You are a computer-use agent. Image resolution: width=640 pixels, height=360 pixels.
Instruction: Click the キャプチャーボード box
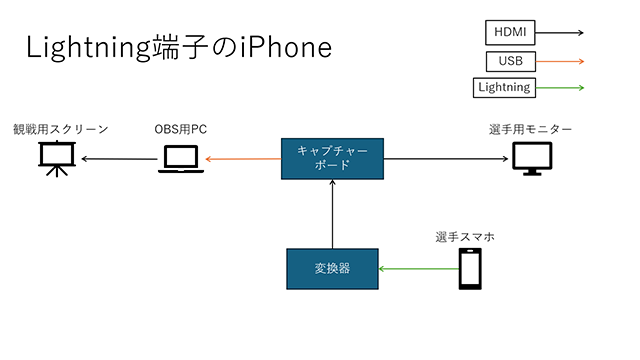331,157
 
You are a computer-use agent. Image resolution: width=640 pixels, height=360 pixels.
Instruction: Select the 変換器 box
331,268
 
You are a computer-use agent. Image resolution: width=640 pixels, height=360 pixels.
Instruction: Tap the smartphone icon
471,268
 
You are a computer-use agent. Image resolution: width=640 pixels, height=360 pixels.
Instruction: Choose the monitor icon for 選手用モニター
531,158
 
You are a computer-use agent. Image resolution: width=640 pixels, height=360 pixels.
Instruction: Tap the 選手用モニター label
531,130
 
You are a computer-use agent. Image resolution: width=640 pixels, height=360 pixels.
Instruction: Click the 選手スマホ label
465,237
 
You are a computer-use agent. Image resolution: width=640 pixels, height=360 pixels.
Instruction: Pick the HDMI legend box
513,32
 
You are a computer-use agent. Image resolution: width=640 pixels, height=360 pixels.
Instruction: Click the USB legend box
510,61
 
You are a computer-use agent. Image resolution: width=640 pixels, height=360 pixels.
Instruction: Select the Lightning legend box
504,88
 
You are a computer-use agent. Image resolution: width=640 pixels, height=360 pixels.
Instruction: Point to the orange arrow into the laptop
243,158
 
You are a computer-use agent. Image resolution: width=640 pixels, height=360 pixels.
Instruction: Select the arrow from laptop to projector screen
119,158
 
